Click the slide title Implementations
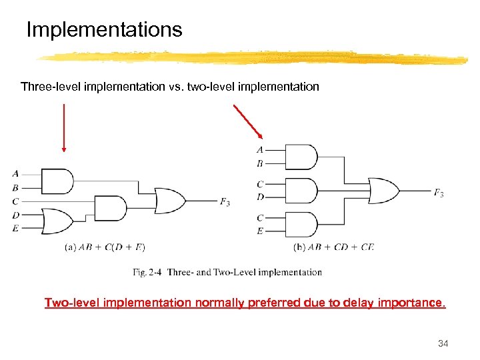click(103, 30)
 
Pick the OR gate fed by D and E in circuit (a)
click(57, 221)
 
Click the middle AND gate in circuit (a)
click(110, 207)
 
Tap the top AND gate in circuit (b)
click(300, 157)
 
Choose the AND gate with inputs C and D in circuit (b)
click(300, 190)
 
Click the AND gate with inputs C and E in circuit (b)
click(300, 224)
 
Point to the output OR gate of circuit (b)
click(383, 191)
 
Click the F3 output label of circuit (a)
click(226, 201)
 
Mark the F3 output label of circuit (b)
click(439, 193)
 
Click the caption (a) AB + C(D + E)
click(105, 247)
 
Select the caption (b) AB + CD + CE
click(334, 247)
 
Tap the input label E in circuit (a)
click(15, 228)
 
